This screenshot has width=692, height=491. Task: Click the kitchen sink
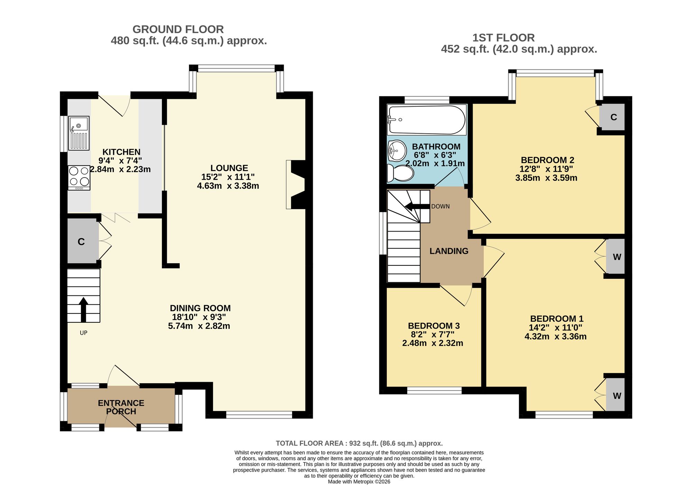pos(79,133)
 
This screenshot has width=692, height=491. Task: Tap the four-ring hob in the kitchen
pos(79,178)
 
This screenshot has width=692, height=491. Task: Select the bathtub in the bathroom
pos(427,120)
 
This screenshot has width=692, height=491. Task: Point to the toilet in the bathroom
pos(400,173)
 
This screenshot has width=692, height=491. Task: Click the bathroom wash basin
pos(397,151)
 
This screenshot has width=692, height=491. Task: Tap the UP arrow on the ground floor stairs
pos(83,310)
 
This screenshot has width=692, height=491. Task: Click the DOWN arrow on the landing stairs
pos(417,207)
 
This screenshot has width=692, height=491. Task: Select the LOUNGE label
pos(229,168)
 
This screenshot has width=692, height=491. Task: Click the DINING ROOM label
pos(200,308)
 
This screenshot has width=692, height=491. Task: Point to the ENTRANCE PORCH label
pos(121,407)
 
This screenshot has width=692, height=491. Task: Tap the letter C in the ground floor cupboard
pos(81,242)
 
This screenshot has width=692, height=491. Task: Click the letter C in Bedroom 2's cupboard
pos(614,117)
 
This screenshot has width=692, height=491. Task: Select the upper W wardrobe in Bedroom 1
pos(616,257)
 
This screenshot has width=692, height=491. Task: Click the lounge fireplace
pos(295,185)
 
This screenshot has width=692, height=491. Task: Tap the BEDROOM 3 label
pos(434,326)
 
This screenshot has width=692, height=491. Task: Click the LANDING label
pos(449,251)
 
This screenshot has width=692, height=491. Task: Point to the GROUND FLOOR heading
pos(178,29)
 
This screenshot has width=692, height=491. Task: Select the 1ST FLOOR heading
pos(504,38)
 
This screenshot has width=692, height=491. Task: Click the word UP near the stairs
pos(83,333)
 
